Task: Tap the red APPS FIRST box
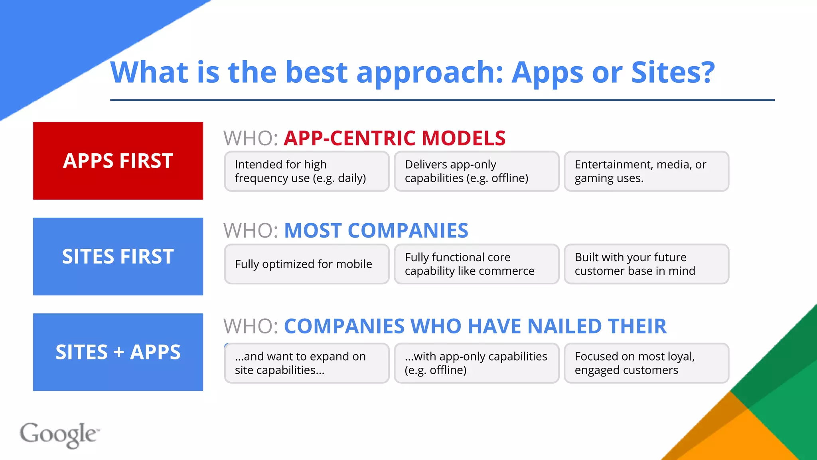pyautogui.click(x=118, y=161)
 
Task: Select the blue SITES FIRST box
pyautogui.click(x=118, y=256)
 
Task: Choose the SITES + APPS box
pyautogui.click(x=118, y=352)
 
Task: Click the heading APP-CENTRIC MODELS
pyautogui.click(x=395, y=138)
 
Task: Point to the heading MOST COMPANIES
pyautogui.click(x=376, y=231)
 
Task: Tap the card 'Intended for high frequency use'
pyautogui.click(x=306, y=171)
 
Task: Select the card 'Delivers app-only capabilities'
pyautogui.click(x=476, y=171)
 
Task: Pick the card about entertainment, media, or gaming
pyautogui.click(x=646, y=171)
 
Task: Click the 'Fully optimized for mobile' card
pyautogui.click(x=306, y=264)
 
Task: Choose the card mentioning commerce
pyautogui.click(x=476, y=264)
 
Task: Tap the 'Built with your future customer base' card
pyautogui.click(x=646, y=264)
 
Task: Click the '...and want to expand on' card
pyautogui.click(x=306, y=363)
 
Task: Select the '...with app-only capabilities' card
pyautogui.click(x=476, y=363)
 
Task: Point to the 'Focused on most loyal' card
pyautogui.click(x=646, y=363)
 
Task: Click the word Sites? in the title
pyautogui.click(x=673, y=72)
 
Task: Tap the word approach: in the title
pyautogui.click(x=430, y=73)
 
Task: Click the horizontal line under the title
pyautogui.click(x=442, y=100)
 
